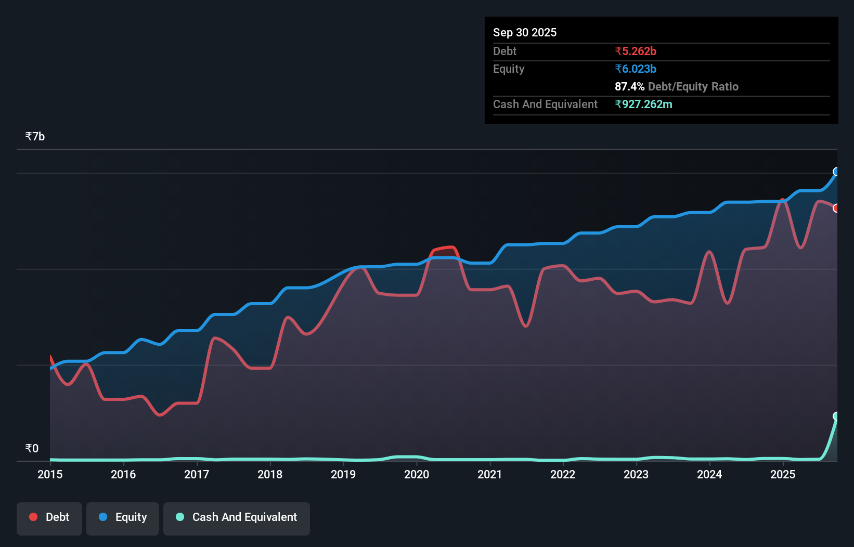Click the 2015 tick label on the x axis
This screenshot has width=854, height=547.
point(50,474)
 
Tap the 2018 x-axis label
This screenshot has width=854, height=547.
point(270,474)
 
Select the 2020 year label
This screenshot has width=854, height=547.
point(417,474)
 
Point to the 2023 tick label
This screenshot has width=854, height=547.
point(636,474)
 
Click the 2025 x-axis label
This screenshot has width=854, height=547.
point(783,474)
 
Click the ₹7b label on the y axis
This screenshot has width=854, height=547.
point(35,137)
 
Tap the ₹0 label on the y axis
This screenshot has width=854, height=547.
point(32,449)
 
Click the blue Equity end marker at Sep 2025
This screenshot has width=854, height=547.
point(836,172)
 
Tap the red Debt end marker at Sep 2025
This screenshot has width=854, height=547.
point(836,208)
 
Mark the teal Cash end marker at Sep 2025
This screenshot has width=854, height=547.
point(836,416)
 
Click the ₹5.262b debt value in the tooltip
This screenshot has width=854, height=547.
point(635,51)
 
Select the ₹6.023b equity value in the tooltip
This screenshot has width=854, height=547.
point(635,69)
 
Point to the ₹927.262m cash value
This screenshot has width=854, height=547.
point(643,104)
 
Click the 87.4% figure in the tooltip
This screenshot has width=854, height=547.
point(629,86)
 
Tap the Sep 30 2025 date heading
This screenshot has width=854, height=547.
point(524,32)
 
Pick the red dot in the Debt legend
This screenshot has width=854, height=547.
point(33,517)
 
